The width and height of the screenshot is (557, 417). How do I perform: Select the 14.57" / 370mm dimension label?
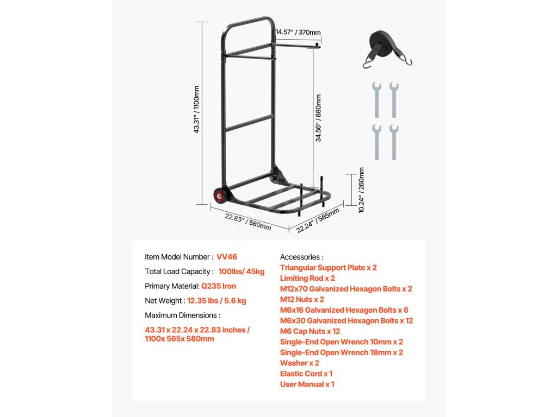[x=298, y=33]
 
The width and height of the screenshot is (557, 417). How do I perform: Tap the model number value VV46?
[x=227, y=257]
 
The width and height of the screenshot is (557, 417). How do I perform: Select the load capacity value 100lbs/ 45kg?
[x=241, y=271]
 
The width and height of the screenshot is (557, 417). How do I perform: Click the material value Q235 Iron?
[x=219, y=286]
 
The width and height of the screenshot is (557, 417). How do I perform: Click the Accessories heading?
[x=301, y=257]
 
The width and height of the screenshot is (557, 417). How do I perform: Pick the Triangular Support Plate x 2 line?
[x=328, y=268]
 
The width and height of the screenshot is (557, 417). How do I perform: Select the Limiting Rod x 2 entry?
[x=307, y=278]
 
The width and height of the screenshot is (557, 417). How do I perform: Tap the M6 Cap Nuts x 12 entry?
[x=310, y=331]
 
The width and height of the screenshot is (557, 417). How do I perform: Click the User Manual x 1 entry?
[x=307, y=384]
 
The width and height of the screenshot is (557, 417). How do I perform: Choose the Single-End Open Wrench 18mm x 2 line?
[x=341, y=352]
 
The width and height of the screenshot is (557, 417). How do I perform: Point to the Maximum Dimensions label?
[x=182, y=315]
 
